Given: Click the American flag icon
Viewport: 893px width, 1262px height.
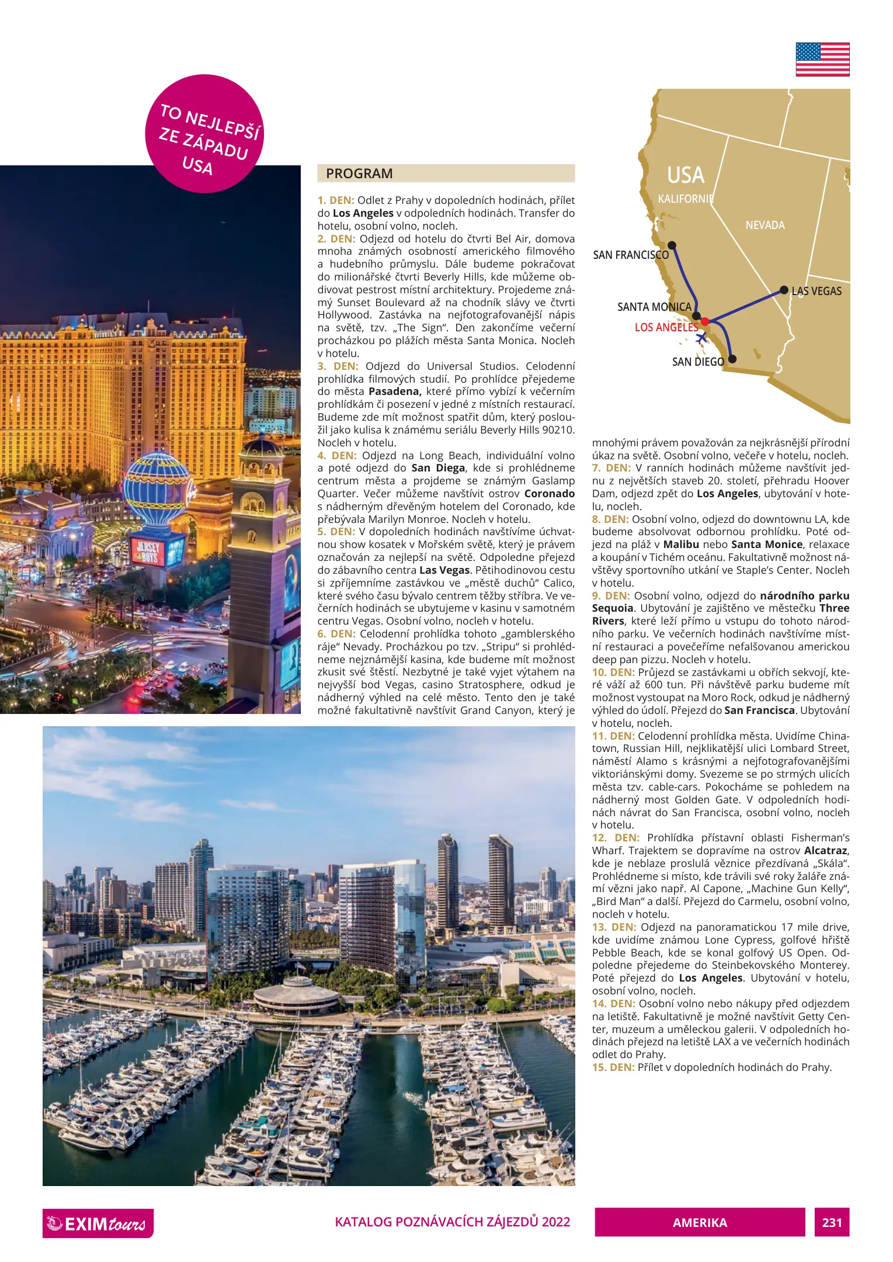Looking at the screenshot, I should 822,60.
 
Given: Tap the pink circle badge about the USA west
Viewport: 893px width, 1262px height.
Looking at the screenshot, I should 204,134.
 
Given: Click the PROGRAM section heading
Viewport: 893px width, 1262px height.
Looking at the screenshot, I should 359,174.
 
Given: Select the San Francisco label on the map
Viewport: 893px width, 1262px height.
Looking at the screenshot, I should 631,255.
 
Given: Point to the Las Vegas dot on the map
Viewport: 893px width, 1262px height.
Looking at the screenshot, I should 784,290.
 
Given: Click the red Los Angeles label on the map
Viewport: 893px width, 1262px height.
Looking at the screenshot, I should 666,327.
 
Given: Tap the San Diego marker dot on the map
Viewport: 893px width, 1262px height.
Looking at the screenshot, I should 732,359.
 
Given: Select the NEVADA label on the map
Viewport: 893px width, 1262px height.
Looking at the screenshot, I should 765,226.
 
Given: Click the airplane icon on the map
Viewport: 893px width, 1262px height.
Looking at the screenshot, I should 701,337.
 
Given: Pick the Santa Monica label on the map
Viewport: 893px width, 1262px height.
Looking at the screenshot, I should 654,307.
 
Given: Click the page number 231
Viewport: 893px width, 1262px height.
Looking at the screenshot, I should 832,1222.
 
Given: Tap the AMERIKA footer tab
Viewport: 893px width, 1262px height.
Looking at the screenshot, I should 700,1222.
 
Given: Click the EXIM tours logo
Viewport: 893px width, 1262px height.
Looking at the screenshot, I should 98,1223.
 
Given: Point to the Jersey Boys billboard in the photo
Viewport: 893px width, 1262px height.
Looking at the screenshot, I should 150,552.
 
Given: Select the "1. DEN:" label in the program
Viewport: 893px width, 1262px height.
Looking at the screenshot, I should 336,200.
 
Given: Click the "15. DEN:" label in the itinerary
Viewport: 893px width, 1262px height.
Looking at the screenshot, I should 613,1067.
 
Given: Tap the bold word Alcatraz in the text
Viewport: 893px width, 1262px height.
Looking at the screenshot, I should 825,851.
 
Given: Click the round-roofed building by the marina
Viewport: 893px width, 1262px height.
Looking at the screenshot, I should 297,994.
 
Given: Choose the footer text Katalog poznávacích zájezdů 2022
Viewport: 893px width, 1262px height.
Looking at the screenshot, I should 452,1222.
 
